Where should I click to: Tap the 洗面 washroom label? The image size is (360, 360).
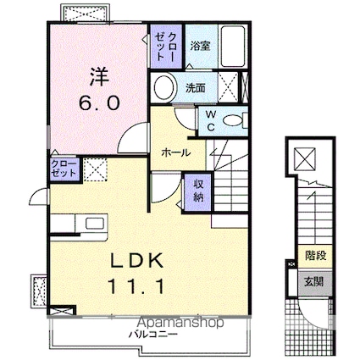[x=196, y=87]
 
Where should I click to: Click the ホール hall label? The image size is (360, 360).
[x=174, y=153]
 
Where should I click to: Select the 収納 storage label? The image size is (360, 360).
[x=197, y=190]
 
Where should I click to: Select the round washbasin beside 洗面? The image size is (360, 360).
[x=163, y=86]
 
